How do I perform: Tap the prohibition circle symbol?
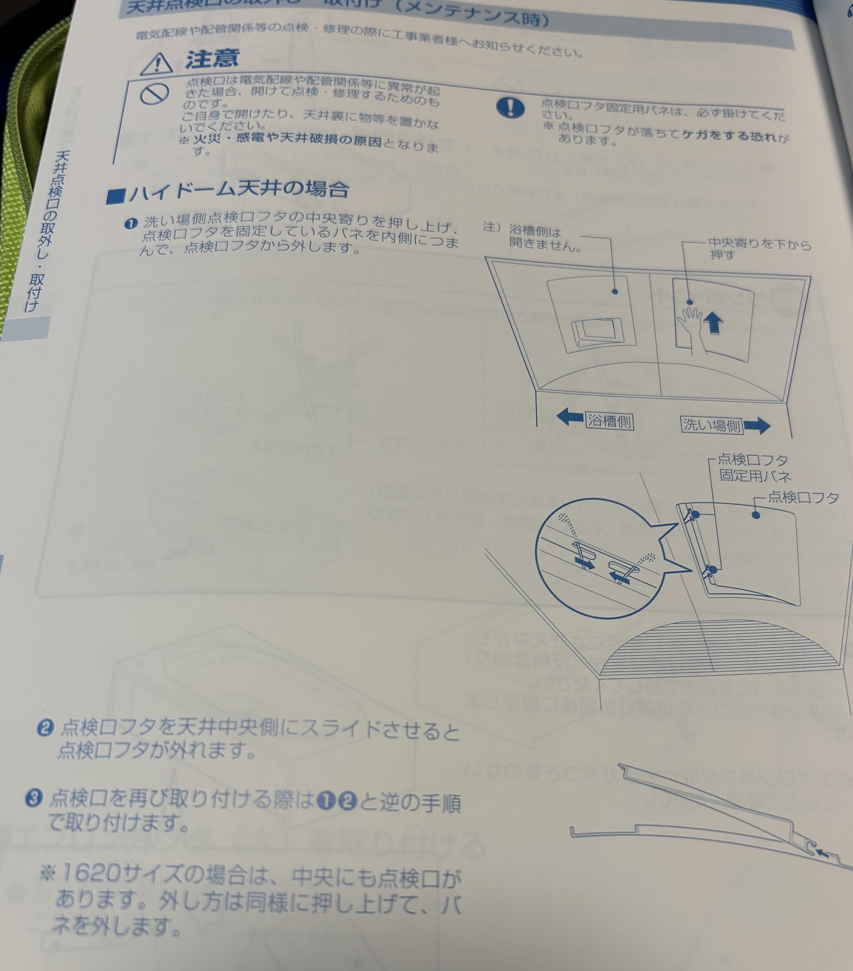point(155,93)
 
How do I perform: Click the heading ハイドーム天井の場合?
point(228,190)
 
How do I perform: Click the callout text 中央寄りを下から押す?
point(758,249)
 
